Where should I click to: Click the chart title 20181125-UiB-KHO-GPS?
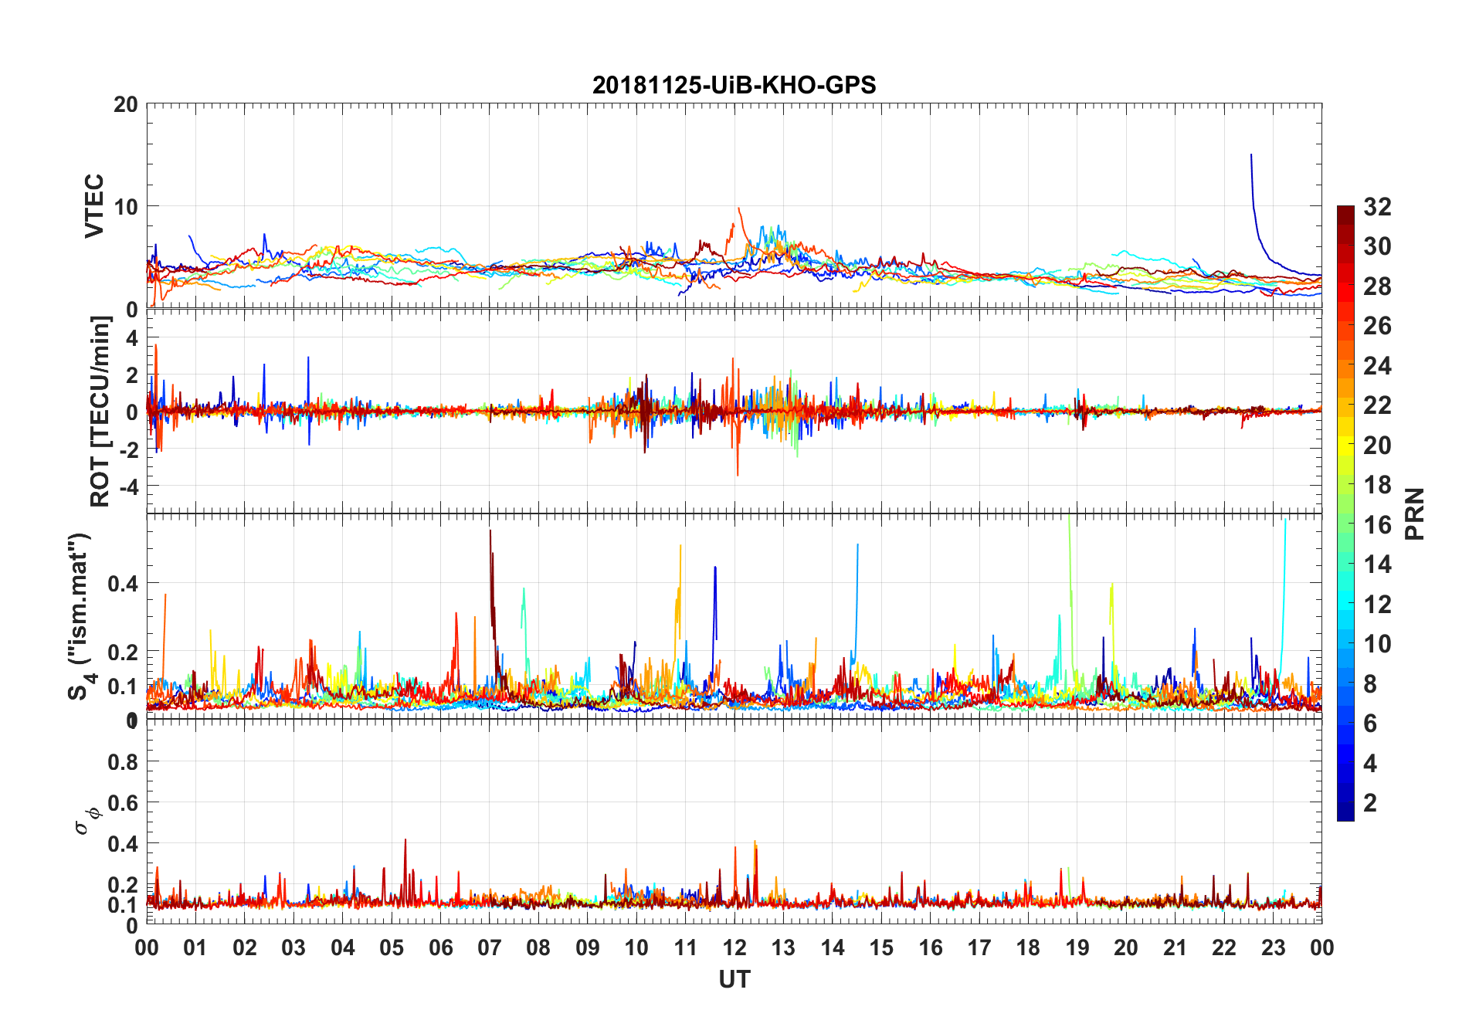(734, 85)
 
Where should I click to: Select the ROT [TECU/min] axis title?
(100, 411)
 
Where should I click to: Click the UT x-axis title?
(734, 980)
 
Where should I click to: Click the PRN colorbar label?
(1414, 513)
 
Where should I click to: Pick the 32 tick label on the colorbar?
(1377, 207)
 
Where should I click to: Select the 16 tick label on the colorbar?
(1377, 525)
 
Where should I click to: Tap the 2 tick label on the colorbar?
(1370, 803)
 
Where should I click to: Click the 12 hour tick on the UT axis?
(734, 947)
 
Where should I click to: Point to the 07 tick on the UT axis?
(490, 947)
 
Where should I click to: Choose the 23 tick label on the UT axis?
(1273, 947)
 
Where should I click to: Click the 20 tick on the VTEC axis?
(126, 104)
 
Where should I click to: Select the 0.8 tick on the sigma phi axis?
(123, 762)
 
